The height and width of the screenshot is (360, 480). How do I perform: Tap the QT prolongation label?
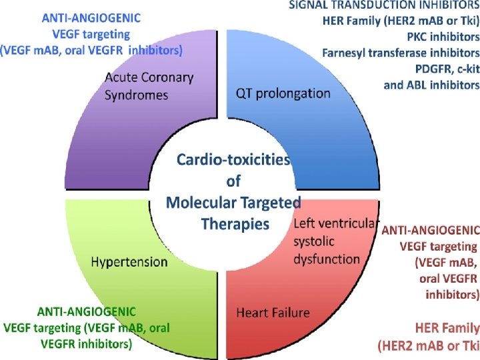click(x=283, y=93)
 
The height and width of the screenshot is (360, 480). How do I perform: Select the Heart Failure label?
click(x=273, y=312)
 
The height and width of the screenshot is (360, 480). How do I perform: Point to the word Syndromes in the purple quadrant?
click(x=137, y=95)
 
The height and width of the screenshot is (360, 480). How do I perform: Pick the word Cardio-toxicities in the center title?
click(x=233, y=161)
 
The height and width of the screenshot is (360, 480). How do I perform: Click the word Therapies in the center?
click(x=235, y=223)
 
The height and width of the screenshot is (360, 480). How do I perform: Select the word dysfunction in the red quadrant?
click(x=327, y=258)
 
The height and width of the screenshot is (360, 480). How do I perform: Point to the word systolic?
click(x=314, y=241)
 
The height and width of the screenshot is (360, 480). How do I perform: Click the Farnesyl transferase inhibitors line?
click(x=401, y=52)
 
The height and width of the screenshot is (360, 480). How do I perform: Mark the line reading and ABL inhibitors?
click(x=431, y=85)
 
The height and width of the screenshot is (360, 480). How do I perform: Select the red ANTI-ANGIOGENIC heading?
click(x=430, y=231)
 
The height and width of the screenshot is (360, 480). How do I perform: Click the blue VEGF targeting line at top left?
click(x=88, y=34)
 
